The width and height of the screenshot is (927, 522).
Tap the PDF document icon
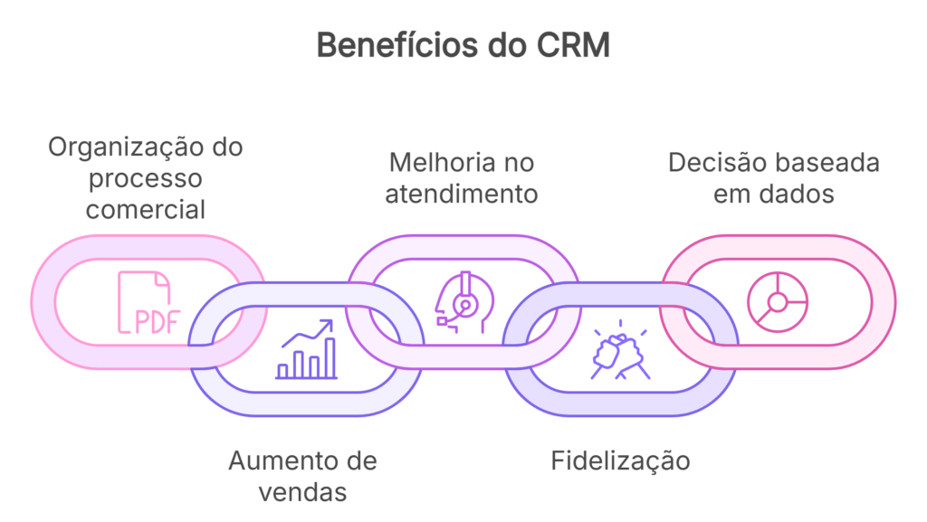[x=148, y=303]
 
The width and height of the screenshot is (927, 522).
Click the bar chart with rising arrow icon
[x=308, y=349]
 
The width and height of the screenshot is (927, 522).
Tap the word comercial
[x=146, y=209]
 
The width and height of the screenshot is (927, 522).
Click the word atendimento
[x=462, y=194]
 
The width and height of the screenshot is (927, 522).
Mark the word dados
[x=798, y=194]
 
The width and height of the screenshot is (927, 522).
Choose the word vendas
[x=302, y=492]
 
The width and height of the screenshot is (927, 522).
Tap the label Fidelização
[x=620, y=460]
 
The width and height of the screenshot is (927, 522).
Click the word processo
[x=146, y=178]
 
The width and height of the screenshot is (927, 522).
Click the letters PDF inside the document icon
[x=157, y=322]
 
